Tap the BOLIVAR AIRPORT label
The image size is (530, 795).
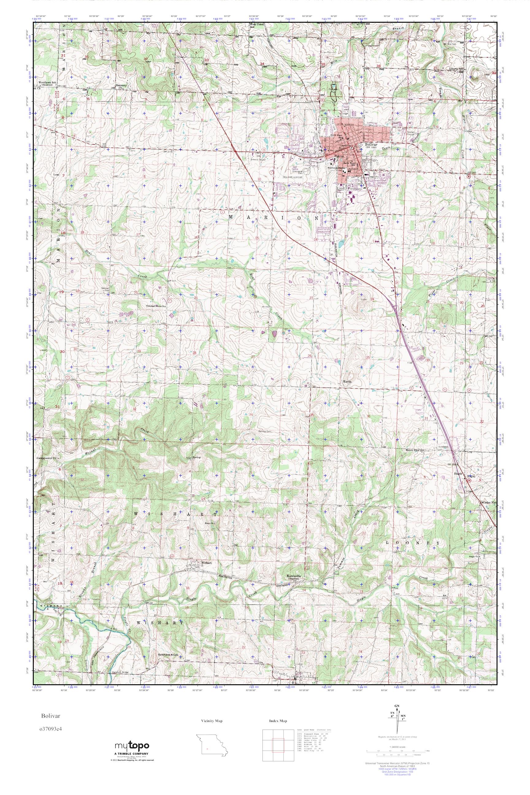292,176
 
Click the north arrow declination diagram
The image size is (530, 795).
397,723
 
